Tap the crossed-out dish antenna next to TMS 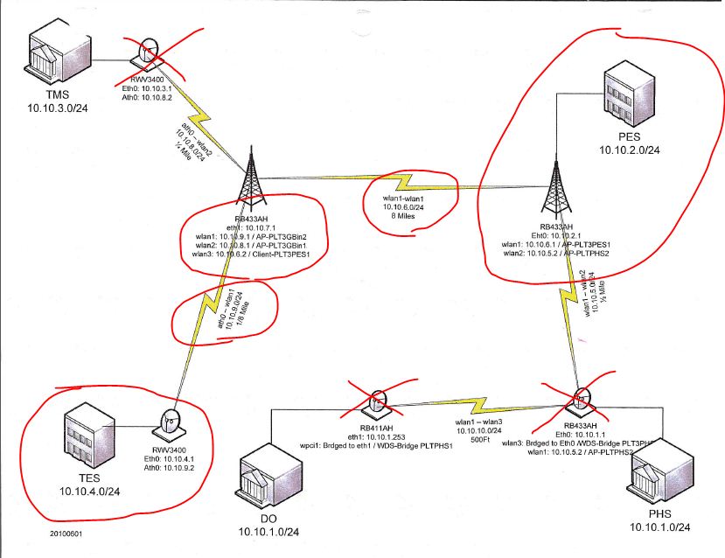(x=148, y=54)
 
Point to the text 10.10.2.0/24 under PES (x=629, y=150)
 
